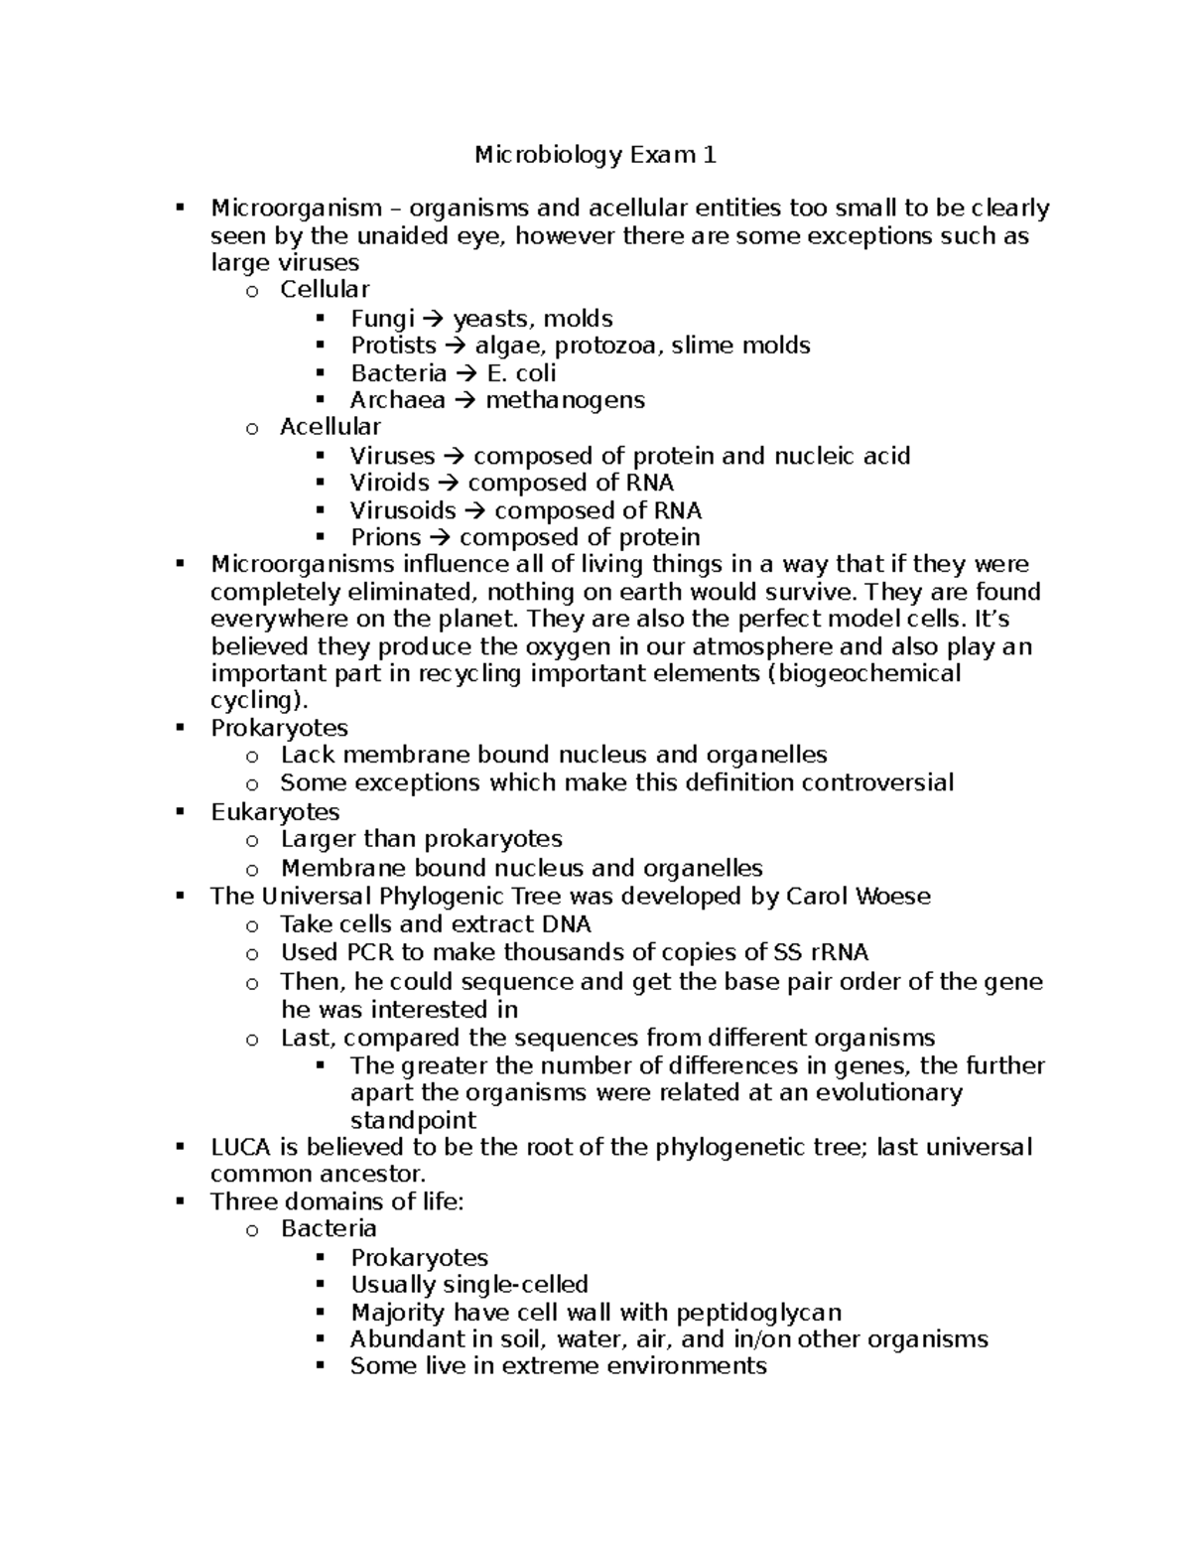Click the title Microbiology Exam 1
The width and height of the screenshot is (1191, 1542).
(595, 155)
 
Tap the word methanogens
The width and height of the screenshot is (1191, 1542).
(565, 400)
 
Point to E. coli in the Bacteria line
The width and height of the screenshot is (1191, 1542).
(521, 373)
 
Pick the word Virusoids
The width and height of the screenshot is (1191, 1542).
(403, 510)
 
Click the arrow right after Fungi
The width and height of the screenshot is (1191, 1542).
(434, 319)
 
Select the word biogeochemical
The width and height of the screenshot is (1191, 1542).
(862, 673)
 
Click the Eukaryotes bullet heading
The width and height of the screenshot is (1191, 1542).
(275, 811)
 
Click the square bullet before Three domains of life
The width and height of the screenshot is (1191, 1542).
(180, 1201)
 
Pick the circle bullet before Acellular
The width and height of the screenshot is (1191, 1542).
(252, 428)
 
